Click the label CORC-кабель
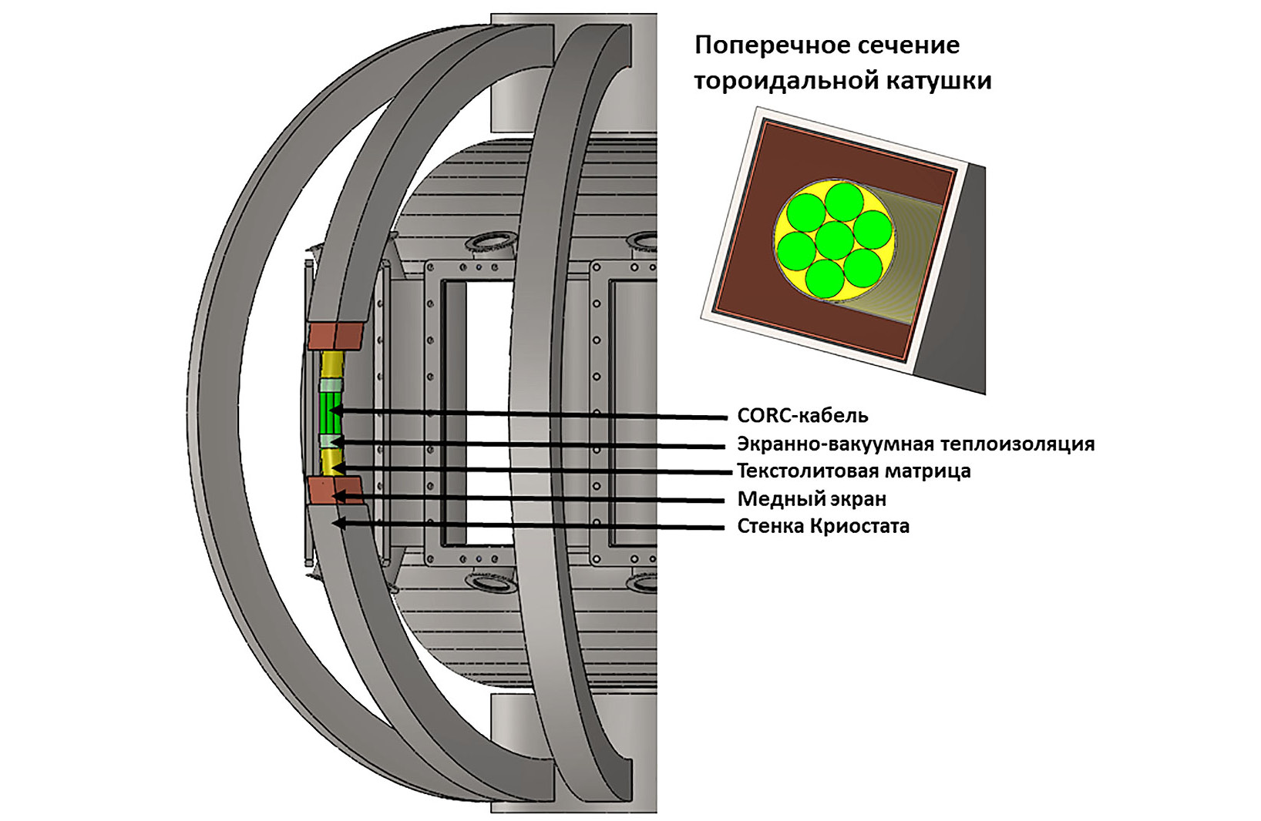pyautogui.click(x=802, y=416)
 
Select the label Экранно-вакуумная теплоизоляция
pyautogui.click(x=916, y=444)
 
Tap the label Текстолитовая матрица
pyautogui.click(x=853, y=471)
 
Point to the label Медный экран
pyautogui.click(x=812, y=499)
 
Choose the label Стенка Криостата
pyautogui.click(x=823, y=527)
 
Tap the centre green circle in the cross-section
pyautogui.click(x=834, y=240)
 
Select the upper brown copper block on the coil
pyautogui.click(x=335, y=336)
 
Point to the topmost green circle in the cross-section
pyautogui.click(x=844, y=200)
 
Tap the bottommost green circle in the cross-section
pyautogui.click(x=825, y=279)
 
